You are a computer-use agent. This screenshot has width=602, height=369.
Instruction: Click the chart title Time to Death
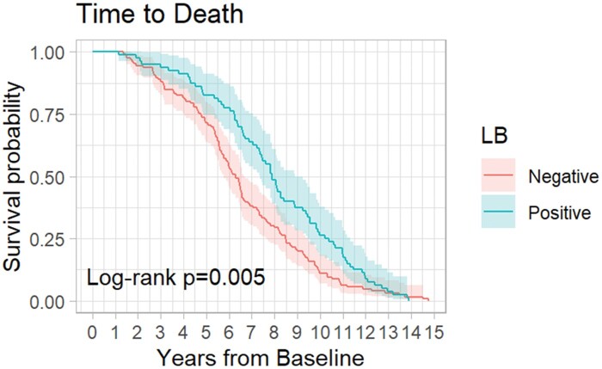point(161,14)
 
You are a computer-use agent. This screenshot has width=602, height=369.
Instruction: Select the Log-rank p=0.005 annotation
point(175,278)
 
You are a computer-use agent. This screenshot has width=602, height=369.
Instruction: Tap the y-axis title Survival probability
point(13,176)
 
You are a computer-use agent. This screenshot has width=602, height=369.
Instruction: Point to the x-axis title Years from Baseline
point(261,358)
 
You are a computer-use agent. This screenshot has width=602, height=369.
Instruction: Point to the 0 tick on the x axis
point(92,332)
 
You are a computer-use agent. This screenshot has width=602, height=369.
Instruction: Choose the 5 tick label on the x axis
point(206,332)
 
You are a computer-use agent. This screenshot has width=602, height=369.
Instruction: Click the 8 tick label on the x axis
point(274,332)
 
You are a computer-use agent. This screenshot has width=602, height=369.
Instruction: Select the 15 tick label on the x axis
point(433,332)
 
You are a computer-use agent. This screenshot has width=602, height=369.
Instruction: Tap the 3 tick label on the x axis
point(161,332)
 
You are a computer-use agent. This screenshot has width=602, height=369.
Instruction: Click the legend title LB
point(494,136)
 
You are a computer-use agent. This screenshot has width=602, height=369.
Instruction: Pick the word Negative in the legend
point(563,177)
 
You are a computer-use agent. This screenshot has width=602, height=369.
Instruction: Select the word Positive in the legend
point(559,212)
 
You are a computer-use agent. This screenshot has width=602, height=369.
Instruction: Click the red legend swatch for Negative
point(498,175)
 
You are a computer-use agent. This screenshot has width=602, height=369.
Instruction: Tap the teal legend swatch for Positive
point(498,212)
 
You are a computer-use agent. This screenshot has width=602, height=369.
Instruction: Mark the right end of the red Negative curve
point(428,300)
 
